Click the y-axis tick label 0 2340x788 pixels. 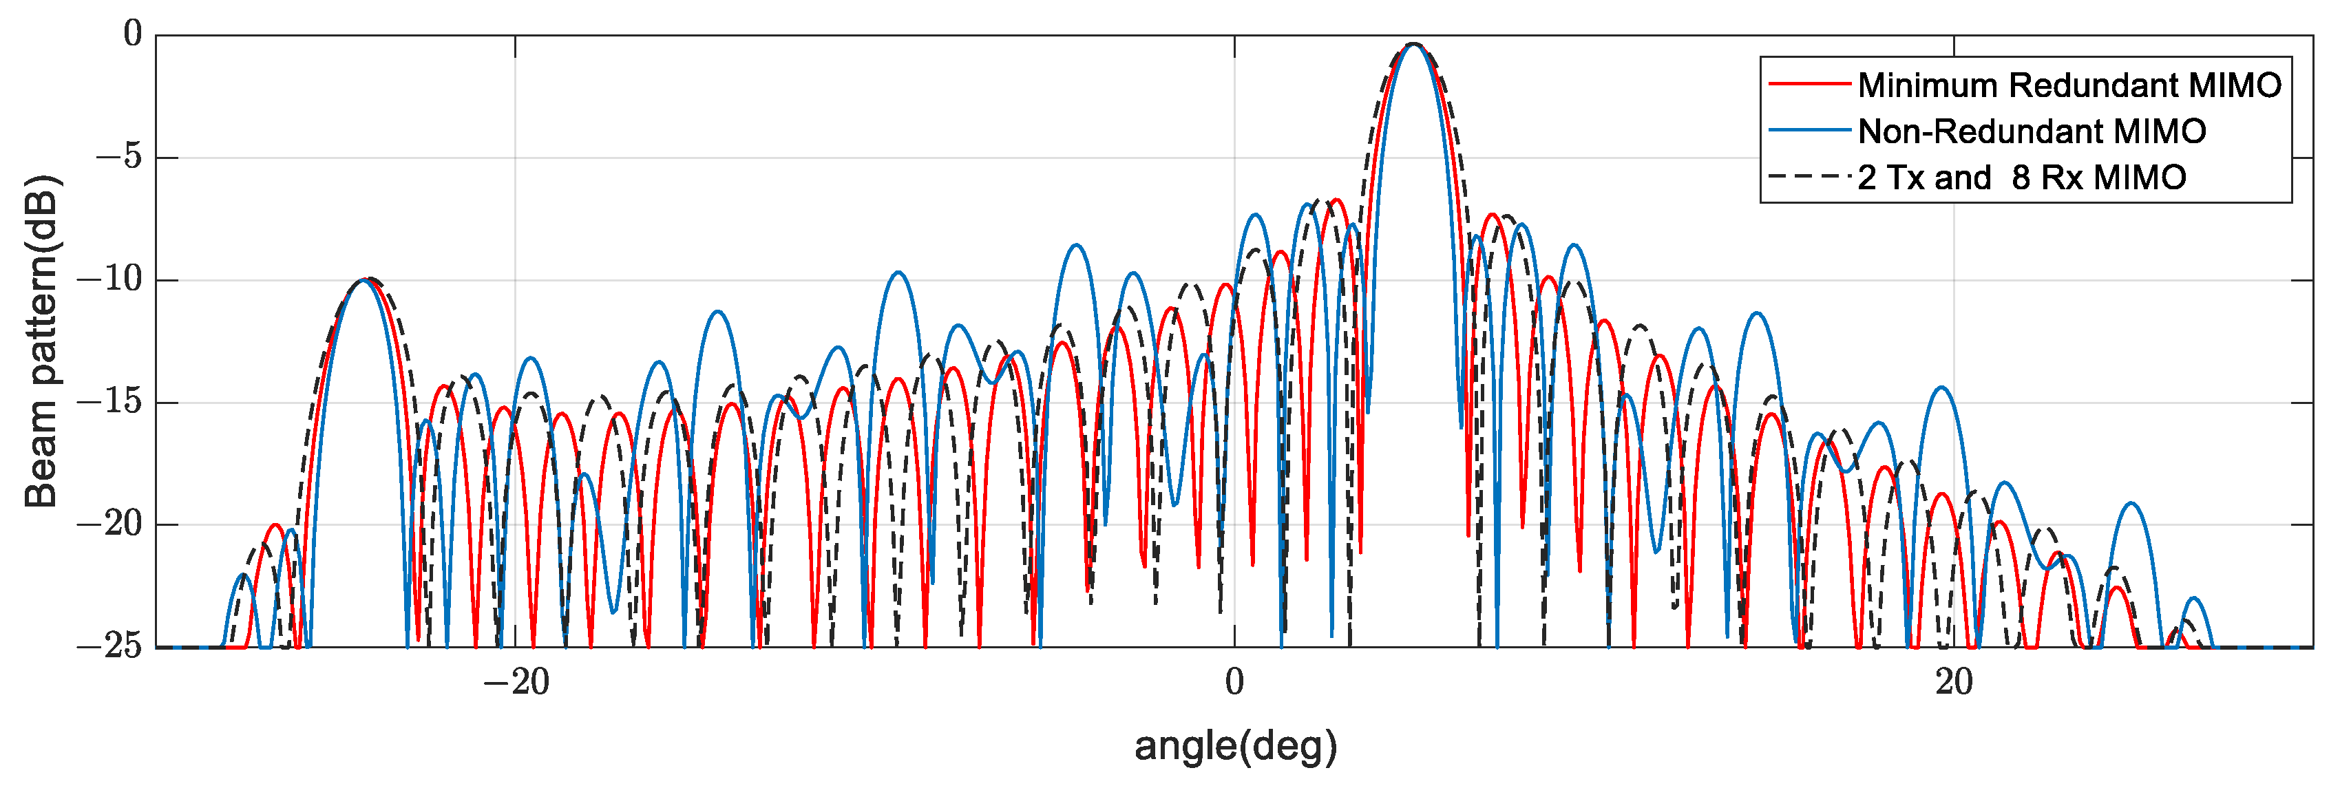pyautogui.click(x=133, y=34)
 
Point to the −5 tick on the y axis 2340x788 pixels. pyautogui.click(x=119, y=157)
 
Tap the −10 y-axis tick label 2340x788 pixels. pyautogui.click(x=110, y=279)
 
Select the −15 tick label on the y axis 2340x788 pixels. pyautogui.click(x=110, y=401)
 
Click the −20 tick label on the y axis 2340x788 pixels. pyautogui.click(x=110, y=524)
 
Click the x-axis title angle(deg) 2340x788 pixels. pyautogui.click(x=1236, y=746)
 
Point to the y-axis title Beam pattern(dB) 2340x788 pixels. pyautogui.click(x=41, y=341)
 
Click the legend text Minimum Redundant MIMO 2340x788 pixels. pyautogui.click(x=2069, y=85)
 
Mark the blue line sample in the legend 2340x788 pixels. pyautogui.click(x=1809, y=131)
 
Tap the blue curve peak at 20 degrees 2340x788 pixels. pyautogui.click(x=1942, y=389)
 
